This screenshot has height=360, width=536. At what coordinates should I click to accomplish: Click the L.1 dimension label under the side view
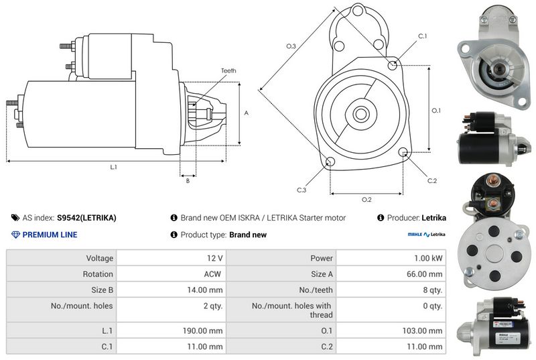pyautogui.click(x=113, y=167)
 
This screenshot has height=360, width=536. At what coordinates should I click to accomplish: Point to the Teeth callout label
pyautogui.click(x=228, y=71)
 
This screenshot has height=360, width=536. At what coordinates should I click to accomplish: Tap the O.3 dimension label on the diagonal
pyautogui.click(x=291, y=46)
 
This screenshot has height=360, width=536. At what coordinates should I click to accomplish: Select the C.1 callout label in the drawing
pyautogui.click(x=423, y=36)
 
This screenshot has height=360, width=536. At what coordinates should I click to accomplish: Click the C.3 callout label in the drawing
pyautogui.click(x=301, y=190)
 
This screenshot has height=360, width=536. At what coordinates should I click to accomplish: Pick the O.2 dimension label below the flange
pyautogui.click(x=366, y=199)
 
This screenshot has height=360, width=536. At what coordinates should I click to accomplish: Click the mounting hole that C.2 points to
pyautogui.click(x=403, y=151)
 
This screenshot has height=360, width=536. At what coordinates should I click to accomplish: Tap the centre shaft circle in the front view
pyautogui.click(x=360, y=114)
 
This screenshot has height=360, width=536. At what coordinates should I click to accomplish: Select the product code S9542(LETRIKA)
pyautogui.click(x=86, y=218)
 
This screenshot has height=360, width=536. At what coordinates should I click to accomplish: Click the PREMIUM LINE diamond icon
pyautogui.click(x=15, y=235)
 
